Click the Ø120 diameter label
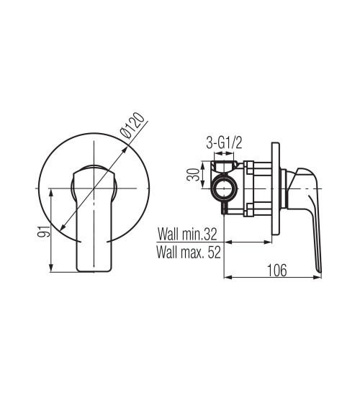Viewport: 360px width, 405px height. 132,126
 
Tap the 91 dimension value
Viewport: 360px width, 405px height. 43,231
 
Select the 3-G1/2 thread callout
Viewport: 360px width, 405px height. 224,143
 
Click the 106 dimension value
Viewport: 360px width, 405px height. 276,270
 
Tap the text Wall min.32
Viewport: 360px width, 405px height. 187,234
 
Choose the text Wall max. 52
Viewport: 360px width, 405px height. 189,252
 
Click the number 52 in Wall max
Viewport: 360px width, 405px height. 215,252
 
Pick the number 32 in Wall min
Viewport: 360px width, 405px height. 210,234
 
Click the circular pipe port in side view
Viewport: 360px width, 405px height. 224,188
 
